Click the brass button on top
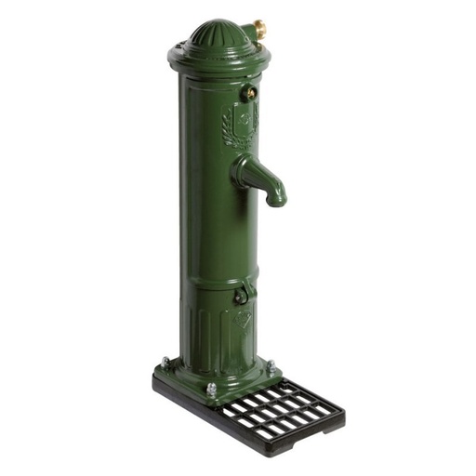click(x=260, y=29)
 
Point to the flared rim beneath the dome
click(x=218, y=58)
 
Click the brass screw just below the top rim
click(x=249, y=92)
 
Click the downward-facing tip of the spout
click(x=276, y=199)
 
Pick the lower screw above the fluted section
click(x=241, y=297)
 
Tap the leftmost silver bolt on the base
click(x=165, y=362)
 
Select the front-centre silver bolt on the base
click(x=211, y=390)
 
